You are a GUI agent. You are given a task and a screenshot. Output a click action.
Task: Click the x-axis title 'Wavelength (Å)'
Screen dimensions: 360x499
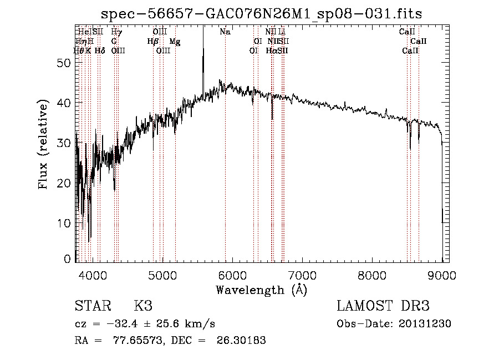(x=261, y=290)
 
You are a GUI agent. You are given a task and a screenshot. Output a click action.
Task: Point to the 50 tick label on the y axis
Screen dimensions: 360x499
(x=65, y=63)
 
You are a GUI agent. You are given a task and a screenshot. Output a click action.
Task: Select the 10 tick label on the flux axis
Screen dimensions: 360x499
(x=65, y=223)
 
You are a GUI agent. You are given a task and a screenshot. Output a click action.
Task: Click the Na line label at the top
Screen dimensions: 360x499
(x=225, y=32)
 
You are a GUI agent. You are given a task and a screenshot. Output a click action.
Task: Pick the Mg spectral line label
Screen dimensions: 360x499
(x=175, y=42)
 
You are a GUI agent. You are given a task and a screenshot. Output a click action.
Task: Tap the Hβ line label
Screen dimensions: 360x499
(x=152, y=42)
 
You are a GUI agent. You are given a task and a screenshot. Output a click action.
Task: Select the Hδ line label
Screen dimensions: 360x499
(x=100, y=50)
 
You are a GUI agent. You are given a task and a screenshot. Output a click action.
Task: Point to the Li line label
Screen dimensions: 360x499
(x=282, y=32)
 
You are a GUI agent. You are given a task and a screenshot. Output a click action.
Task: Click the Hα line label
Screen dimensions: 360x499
(x=271, y=50)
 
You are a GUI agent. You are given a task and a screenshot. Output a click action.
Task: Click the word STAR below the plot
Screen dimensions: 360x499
(x=91, y=306)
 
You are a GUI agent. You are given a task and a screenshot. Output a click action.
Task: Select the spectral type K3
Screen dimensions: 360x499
(x=142, y=306)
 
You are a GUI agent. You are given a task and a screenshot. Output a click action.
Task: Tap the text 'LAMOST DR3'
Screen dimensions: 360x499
(x=383, y=306)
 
